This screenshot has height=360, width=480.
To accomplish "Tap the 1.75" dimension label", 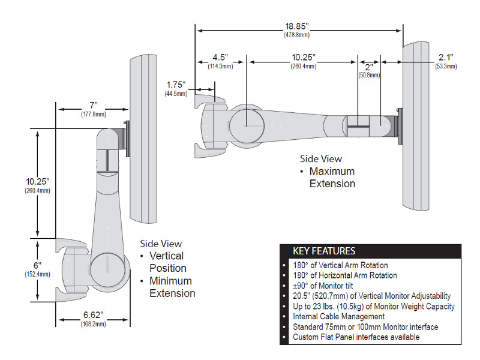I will coord(175,85).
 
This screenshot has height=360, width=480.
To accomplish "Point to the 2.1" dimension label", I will coord(445,58).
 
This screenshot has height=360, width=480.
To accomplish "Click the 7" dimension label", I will coord(93,106).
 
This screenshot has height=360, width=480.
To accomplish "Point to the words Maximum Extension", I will coord(332,178).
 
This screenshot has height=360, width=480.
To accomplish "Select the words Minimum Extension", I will coord(172,287).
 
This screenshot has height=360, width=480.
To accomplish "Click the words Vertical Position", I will coord(167,262).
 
